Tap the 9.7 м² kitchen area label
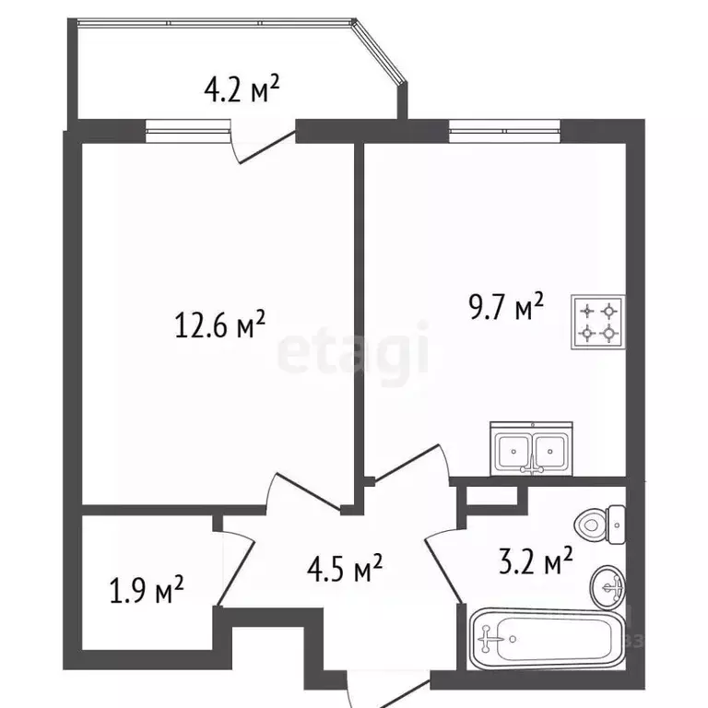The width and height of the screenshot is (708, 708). pyautogui.click(x=506, y=306)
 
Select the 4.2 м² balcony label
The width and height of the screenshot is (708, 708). pyautogui.click(x=242, y=89)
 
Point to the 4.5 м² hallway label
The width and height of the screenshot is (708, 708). pyautogui.click(x=345, y=569)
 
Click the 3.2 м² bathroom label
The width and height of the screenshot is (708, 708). pyautogui.click(x=536, y=560)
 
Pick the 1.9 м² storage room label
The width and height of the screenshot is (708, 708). pyautogui.click(x=147, y=590)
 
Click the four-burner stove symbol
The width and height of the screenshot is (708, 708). pyautogui.click(x=598, y=322)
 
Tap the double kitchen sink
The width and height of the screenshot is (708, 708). pyautogui.click(x=531, y=449)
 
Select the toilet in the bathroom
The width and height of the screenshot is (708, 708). pyautogui.click(x=600, y=525)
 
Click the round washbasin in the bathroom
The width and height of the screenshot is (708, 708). pyautogui.click(x=608, y=587)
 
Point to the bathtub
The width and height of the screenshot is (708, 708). pyautogui.click(x=548, y=639)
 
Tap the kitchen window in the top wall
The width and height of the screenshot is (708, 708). pyautogui.click(x=505, y=132)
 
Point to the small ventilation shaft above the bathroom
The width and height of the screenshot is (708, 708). pyautogui.click(x=492, y=496)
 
